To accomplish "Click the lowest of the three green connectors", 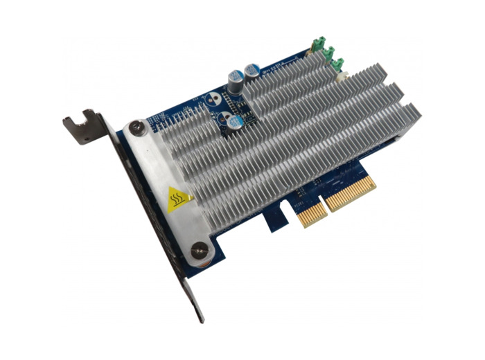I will click(x=338, y=65).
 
